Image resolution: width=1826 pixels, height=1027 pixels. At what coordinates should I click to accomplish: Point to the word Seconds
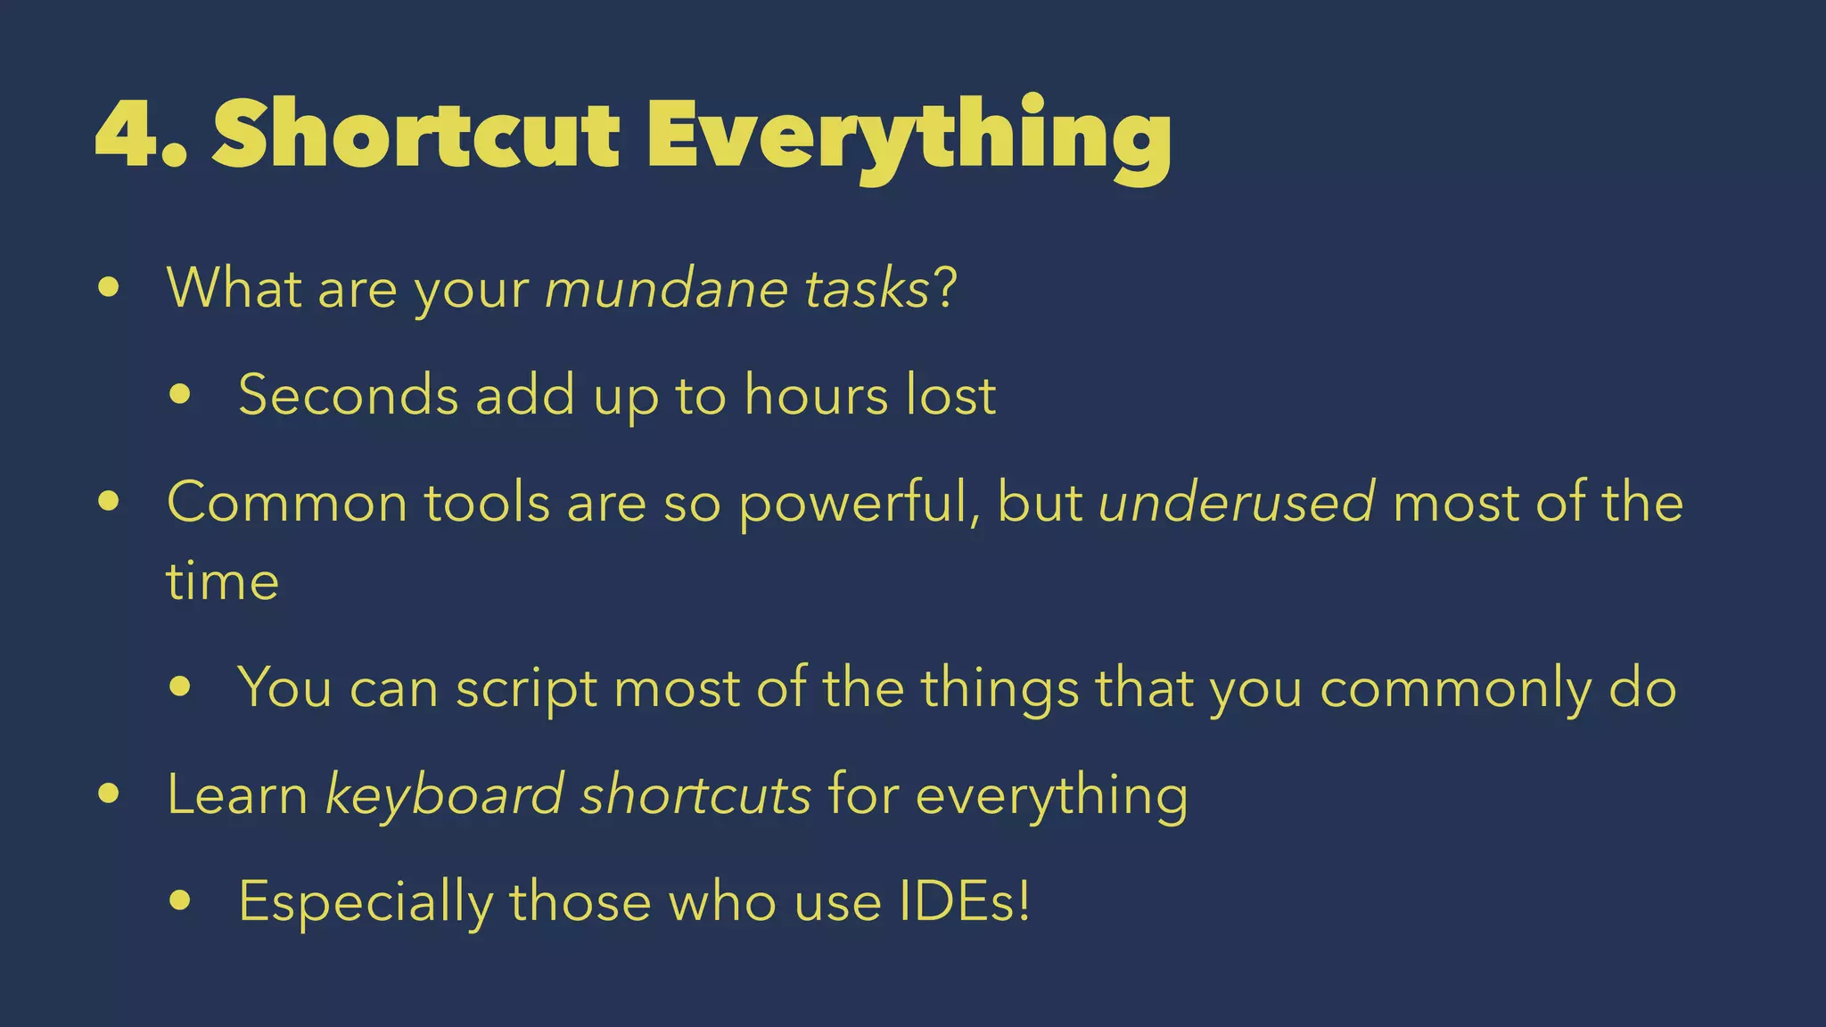(348, 395)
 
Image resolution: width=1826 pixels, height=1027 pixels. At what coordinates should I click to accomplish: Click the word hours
(816, 395)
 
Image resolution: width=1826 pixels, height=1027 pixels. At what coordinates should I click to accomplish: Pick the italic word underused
(1237, 502)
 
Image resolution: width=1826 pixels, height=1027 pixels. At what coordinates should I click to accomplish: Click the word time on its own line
(222, 581)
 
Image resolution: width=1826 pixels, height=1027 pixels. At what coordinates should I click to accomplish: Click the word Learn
(237, 794)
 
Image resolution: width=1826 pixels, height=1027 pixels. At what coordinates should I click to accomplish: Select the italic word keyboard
(444, 794)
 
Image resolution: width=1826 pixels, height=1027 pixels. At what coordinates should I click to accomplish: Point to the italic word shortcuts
(695, 794)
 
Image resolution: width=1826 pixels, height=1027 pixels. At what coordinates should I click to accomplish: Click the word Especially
(366, 902)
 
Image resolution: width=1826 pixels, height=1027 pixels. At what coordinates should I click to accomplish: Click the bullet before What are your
(109, 288)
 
